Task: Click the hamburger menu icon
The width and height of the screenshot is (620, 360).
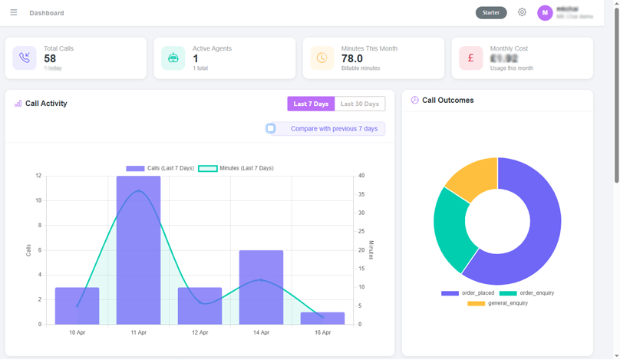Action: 13,12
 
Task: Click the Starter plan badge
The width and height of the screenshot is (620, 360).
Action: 491,12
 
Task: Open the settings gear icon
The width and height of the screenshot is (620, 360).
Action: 522,12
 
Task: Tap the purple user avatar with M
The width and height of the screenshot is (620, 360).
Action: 545,12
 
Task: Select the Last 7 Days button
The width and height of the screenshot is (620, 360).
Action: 311,104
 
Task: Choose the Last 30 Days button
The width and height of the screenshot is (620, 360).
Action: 360,104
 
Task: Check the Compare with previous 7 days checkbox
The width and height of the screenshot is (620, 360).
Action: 271,128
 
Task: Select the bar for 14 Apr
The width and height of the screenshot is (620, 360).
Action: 261,287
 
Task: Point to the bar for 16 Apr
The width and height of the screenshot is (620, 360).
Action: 322,319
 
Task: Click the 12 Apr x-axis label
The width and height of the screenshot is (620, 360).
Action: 200,332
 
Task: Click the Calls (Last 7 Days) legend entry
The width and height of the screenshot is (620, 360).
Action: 160,168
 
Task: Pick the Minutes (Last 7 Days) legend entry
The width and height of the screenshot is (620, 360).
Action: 236,168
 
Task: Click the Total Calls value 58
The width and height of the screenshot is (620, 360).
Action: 50,58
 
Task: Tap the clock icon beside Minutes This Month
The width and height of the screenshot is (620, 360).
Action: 322,58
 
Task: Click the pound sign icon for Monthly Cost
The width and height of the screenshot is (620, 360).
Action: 470,58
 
